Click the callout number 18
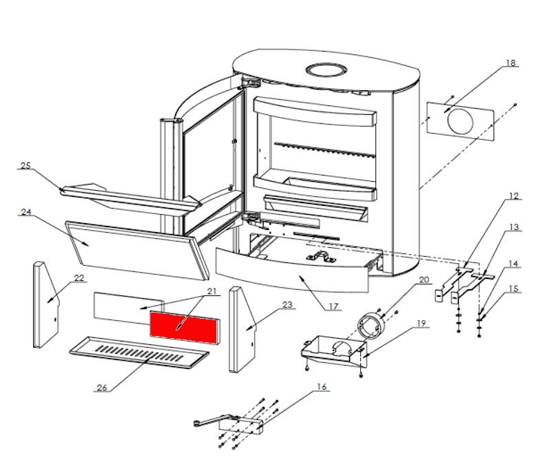click(x=510, y=63)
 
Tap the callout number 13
click(x=513, y=227)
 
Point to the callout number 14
click(x=513, y=264)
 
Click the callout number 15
click(x=513, y=288)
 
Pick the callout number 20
click(x=424, y=280)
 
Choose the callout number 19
click(x=422, y=322)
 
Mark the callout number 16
click(x=321, y=386)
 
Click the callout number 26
click(x=101, y=388)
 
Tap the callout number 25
click(x=26, y=165)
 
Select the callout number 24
click(x=26, y=212)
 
